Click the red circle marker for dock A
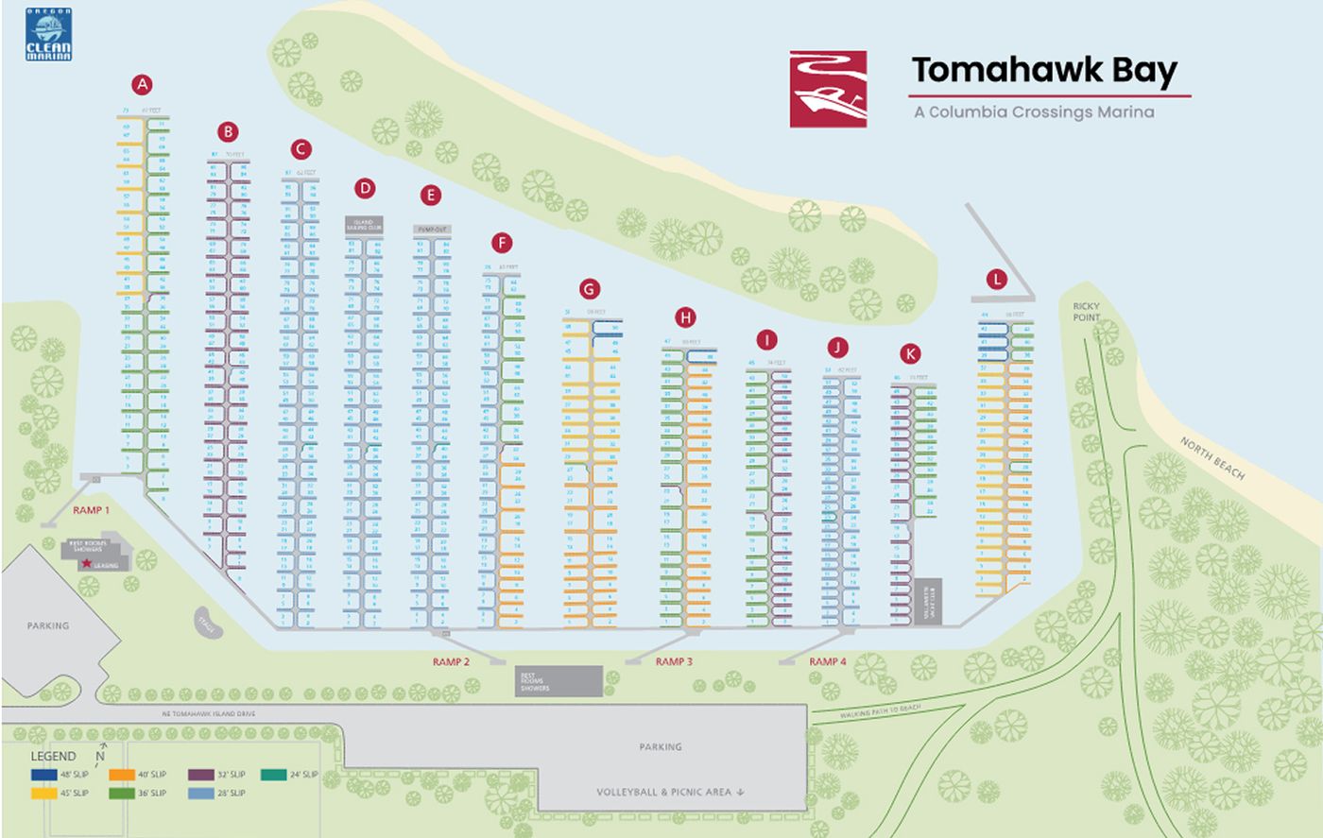pyautogui.click(x=142, y=85)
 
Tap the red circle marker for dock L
pyautogui.click(x=995, y=279)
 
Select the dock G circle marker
pyautogui.click(x=589, y=289)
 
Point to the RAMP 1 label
pyautogui.click(x=93, y=510)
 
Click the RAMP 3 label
pyautogui.click(x=674, y=661)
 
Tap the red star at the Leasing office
pyautogui.click(x=86, y=564)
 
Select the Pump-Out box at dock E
pyautogui.click(x=431, y=230)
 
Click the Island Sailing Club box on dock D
pyautogui.click(x=364, y=225)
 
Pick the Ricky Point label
pyautogui.click(x=1086, y=312)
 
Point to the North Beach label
pyautogui.click(x=1211, y=458)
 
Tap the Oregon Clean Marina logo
pyautogui.click(x=48, y=35)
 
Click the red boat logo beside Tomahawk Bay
pyautogui.click(x=828, y=89)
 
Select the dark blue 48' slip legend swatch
pyautogui.click(x=43, y=775)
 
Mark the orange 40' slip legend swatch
pyautogui.click(x=122, y=775)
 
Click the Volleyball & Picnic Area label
pyautogui.click(x=670, y=792)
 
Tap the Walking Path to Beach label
pyautogui.click(x=880, y=711)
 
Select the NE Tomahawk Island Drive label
pyautogui.click(x=208, y=714)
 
